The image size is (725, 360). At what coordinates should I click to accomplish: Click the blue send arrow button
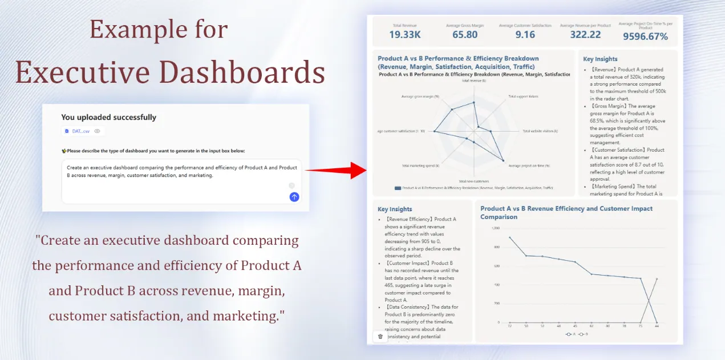click(x=294, y=197)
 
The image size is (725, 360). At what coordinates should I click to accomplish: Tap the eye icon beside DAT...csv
click(x=97, y=131)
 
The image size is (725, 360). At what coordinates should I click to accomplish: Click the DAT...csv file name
click(x=80, y=131)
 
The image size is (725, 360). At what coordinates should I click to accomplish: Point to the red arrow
click(x=337, y=170)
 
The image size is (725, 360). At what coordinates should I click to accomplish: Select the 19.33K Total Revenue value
click(x=404, y=35)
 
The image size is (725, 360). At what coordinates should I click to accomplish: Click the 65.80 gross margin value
click(x=465, y=35)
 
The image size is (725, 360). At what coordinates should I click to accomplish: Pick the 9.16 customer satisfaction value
click(x=525, y=35)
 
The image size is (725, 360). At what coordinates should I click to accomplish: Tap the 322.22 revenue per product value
click(x=585, y=35)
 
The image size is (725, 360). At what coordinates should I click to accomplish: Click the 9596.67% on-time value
click(x=645, y=37)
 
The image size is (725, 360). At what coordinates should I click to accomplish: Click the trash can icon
click(x=380, y=337)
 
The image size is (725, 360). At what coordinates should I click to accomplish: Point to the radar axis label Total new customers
click(x=473, y=181)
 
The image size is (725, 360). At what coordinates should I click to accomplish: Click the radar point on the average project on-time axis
click(x=503, y=160)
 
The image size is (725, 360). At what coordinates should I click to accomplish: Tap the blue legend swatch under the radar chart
click(x=398, y=187)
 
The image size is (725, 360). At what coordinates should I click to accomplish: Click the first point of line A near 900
click(x=510, y=237)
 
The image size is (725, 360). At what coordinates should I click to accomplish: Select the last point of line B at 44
click(x=657, y=279)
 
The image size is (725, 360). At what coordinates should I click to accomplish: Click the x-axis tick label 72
click(x=510, y=327)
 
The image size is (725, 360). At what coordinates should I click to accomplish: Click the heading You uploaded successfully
click(x=108, y=118)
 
